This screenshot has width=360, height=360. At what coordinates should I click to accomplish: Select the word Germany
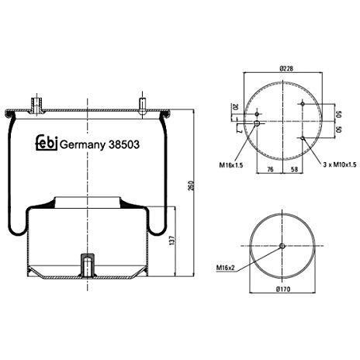[x=81, y=144]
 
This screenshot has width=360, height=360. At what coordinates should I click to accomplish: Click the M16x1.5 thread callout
[x=232, y=165]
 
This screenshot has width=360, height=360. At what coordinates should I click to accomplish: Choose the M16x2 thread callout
[x=227, y=268]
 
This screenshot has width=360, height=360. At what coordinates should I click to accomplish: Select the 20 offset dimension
[x=233, y=107]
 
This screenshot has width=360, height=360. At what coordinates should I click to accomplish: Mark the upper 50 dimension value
[x=340, y=113]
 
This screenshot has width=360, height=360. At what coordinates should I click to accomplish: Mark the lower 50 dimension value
[x=340, y=130]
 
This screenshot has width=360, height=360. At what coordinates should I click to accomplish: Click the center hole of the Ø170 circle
[x=282, y=247]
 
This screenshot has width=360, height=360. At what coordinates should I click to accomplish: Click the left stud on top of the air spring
[x=36, y=103]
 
